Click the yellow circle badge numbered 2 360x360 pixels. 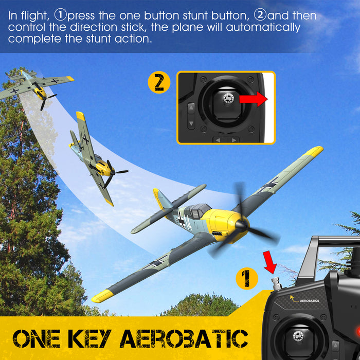159,83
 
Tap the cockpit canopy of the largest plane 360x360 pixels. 199,210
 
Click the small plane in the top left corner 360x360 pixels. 36,87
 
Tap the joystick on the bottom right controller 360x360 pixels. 297,336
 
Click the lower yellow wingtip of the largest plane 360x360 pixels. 101,296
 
